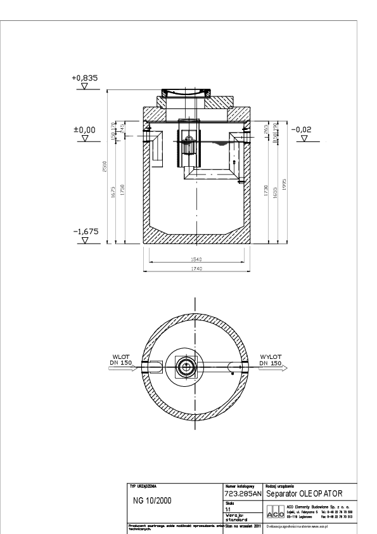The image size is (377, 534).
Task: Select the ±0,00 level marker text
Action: (84, 129)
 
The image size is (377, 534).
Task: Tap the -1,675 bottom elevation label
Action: (85, 232)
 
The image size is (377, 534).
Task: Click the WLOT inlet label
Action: (121, 357)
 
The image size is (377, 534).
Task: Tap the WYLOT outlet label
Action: (270, 357)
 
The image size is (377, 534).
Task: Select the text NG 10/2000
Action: (153, 500)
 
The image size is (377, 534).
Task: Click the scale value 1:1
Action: (229, 508)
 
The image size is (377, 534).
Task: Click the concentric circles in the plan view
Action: (188, 367)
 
